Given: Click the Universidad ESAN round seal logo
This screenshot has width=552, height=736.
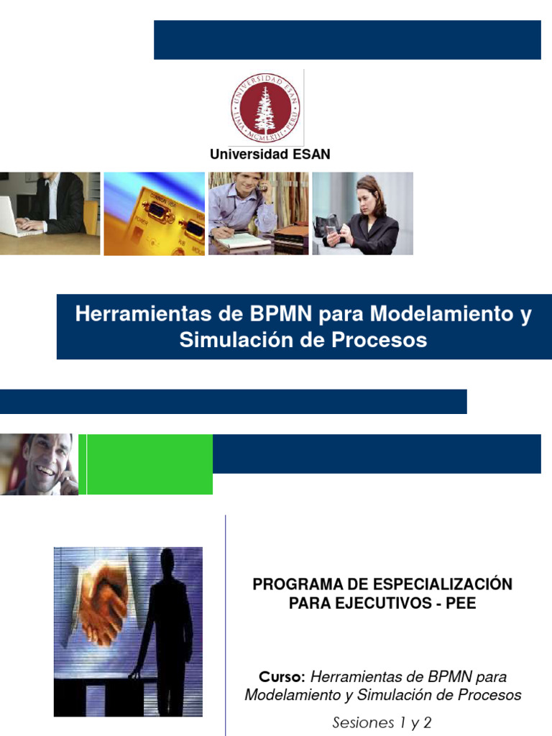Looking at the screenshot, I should click(x=265, y=109).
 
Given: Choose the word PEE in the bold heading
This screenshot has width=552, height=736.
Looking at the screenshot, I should click(x=461, y=603).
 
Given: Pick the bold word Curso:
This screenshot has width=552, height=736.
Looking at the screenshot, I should click(x=282, y=676).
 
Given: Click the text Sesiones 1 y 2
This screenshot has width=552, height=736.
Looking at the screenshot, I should click(x=382, y=722).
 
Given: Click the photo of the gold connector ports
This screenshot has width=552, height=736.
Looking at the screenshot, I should click(x=154, y=213).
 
